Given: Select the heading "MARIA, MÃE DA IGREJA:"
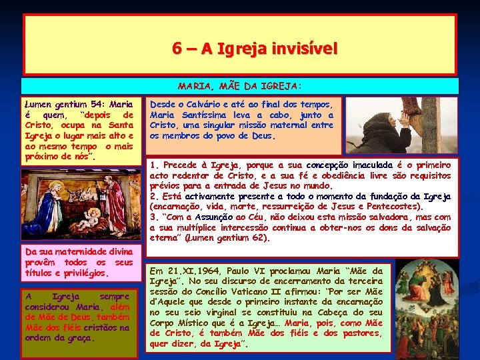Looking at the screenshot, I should pyautogui.click(x=239, y=86).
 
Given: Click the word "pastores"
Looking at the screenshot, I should pyautogui.click(x=363, y=333).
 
